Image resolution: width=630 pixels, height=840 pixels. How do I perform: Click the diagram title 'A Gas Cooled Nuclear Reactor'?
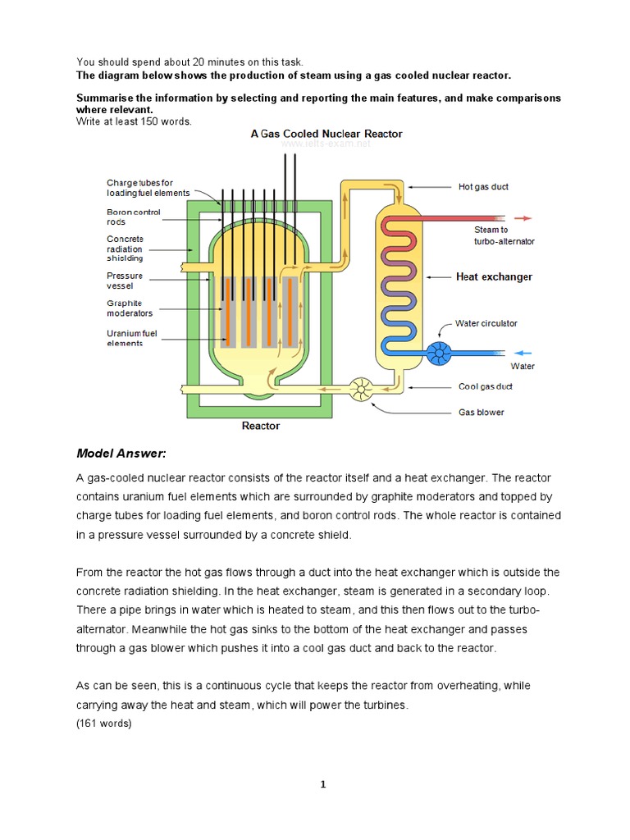(x=326, y=133)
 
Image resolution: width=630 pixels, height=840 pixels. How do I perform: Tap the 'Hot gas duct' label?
(x=482, y=187)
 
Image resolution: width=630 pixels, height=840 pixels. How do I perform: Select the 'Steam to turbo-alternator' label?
(x=504, y=235)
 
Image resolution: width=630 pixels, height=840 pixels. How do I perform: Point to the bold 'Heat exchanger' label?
(x=494, y=277)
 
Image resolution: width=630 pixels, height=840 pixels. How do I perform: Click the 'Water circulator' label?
(x=486, y=323)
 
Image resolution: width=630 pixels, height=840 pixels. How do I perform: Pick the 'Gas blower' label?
(x=481, y=412)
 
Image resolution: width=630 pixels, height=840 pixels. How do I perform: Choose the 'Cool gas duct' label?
(x=486, y=386)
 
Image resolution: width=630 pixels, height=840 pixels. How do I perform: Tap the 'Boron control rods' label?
(x=134, y=217)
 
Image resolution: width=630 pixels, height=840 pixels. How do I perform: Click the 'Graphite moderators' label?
(x=130, y=308)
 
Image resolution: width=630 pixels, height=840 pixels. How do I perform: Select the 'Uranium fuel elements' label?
(x=131, y=338)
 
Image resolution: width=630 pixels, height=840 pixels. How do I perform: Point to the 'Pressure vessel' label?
(x=125, y=281)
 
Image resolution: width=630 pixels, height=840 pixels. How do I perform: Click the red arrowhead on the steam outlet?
(x=527, y=218)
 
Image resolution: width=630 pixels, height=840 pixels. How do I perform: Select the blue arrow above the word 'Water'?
(x=522, y=354)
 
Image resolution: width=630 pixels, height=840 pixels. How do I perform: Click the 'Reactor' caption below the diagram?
(x=260, y=426)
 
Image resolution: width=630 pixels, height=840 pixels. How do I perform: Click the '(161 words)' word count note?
(x=103, y=723)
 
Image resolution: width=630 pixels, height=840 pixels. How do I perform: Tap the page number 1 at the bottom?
(x=323, y=784)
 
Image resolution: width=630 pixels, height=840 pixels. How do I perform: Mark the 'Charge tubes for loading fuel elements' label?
(x=148, y=187)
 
